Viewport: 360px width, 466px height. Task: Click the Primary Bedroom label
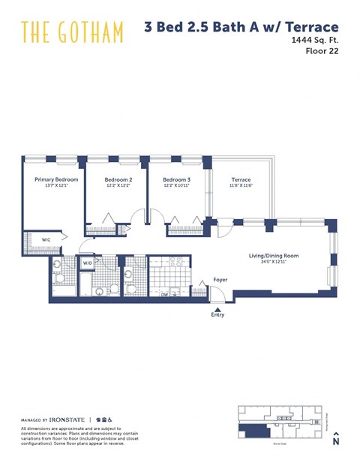(56, 180)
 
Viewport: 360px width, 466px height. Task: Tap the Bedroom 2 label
(118, 180)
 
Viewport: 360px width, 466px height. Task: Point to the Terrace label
(241, 180)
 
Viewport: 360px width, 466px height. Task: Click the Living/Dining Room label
(274, 256)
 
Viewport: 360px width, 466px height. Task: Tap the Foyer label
(220, 280)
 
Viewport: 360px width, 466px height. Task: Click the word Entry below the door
(217, 315)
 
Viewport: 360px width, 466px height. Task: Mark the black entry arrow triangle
(217, 307)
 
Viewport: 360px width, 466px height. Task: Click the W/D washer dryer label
(87, 263)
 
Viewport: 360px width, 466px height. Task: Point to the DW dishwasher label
(164, 295)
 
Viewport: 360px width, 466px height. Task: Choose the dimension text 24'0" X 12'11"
(274, 263)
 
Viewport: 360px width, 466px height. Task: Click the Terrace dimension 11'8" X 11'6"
(241, 186)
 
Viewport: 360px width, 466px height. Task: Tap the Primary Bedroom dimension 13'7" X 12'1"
(56, 186)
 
